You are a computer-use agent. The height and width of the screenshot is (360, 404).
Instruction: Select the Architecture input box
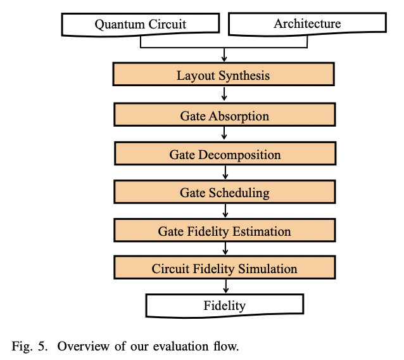pyautogui.click(x=307, y=24)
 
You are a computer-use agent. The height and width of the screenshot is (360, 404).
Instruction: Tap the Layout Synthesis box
pyautogui.click(x=224, y=75)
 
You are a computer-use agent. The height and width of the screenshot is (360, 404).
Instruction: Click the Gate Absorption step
pyautogui.click(x=224, y=116)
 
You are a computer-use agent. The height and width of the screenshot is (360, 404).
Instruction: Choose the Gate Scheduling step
pyautogui.click(x=224, y=193)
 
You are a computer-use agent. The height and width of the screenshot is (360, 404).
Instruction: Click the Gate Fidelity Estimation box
pyautogui.click(x=224, y=231)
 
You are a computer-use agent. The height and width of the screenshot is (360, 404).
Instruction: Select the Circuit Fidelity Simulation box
pyautogui.click(x=224, y=269)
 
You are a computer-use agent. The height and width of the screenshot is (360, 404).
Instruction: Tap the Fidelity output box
pyautogui.click(x=224, y=305)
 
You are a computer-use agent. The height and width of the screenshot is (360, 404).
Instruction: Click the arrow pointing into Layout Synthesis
pyautogui.click(x=224, y=55)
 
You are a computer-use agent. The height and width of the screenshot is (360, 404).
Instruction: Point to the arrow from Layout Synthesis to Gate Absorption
pyautogui.click(x=224, y=95)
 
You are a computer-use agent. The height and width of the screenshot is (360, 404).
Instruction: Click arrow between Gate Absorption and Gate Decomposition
pyautogui.click(x=224, y=135)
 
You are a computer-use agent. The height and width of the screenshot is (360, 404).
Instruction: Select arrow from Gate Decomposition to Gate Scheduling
pyautogui.click(x=224, y=174)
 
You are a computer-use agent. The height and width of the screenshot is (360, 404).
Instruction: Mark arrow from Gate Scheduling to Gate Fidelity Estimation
pyautogui.click(x=224, y=212)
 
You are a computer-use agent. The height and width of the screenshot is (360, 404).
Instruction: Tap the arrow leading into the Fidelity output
pyautogui.click(x=224, y=287)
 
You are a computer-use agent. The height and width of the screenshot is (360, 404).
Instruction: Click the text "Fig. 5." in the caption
pyautogui.click(x=27, y=347)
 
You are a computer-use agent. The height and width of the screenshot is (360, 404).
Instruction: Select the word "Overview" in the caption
pyautogui.click(x=72, y=347)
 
